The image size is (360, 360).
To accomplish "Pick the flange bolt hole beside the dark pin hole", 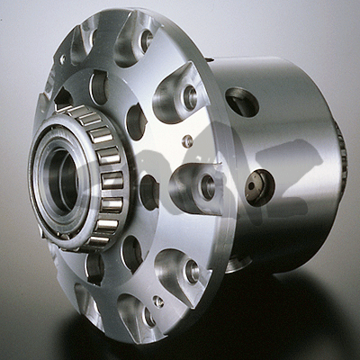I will pyautogui.click(x=207, y=187).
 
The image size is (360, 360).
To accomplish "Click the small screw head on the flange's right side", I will pyautogui.click(x=187, y=141).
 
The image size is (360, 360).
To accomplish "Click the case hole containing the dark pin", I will pyautogui.click(x=258, y=187).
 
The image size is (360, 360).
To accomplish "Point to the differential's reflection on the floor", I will pyautogui.click(x=225, y=333).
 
